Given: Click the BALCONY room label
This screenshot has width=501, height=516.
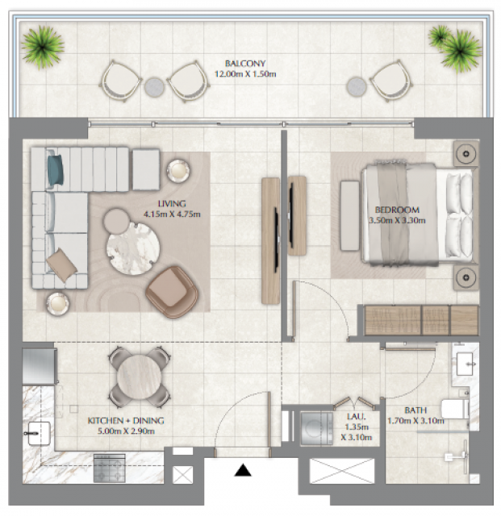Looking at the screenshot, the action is [245, 63].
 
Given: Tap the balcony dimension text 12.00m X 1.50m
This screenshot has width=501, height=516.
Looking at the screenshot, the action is [245, 74].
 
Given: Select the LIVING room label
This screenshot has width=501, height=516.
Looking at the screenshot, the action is [172, 204].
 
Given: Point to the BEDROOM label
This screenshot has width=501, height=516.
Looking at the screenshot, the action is [397, 210].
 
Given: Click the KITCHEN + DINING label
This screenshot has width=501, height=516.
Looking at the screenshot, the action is [126, 421].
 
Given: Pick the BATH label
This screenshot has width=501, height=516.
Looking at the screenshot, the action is [415, 410].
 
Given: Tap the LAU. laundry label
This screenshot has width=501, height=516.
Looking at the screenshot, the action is [357, 416].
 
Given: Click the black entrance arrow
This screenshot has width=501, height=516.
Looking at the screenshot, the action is [243, 470].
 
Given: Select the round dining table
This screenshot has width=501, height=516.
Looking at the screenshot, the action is [139, 377].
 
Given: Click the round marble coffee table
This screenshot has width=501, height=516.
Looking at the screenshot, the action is [133, 248].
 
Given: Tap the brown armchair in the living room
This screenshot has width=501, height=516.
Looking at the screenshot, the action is [172, 292].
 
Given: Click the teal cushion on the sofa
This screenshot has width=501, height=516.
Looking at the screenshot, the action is [55, 170].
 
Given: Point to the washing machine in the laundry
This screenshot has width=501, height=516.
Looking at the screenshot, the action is [316, 429].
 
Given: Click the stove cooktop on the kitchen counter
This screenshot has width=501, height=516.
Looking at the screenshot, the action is [110, 468].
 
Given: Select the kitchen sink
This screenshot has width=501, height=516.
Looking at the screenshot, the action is [38, 433].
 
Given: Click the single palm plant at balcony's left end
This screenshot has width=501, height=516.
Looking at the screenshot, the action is [43, 47].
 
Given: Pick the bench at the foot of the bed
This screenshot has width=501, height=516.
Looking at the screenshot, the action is [350, 215].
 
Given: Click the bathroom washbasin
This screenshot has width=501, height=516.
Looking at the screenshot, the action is [465, 364].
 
